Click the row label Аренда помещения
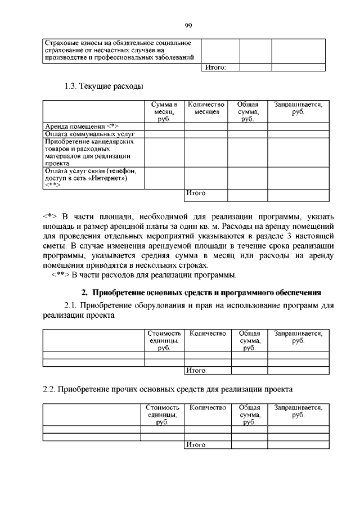coord(81,126)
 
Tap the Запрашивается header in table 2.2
coord(298,411)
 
